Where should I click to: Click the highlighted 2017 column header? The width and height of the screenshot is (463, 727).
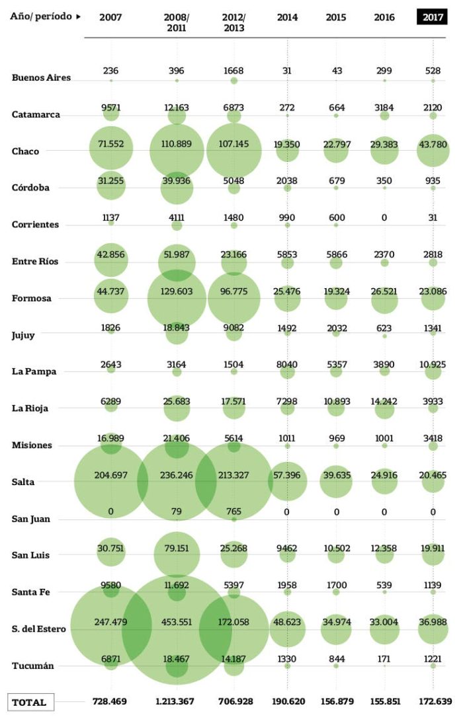coord(433,17)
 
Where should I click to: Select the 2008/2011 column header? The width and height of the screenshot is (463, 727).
coord(176,22)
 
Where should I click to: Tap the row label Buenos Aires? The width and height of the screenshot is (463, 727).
coord(41,78)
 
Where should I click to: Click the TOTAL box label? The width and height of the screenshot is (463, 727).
coord(30,702)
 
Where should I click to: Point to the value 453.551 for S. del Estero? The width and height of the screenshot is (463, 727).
coord(176,622)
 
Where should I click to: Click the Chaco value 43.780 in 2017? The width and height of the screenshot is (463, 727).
coord(433,144)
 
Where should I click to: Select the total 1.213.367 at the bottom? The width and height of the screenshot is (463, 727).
coord(176,701)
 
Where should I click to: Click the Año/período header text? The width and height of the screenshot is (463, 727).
coord(41,17)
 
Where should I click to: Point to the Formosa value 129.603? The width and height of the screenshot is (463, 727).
coord(176,291)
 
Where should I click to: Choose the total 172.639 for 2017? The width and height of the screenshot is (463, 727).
coord(433,701)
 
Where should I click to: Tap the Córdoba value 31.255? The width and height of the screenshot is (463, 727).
coord(111,181)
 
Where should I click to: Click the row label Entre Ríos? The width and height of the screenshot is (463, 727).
coord(35,262)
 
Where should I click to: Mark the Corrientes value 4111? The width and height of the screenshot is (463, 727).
coord(176,217)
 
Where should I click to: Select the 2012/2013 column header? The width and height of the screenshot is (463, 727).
coord(233,22)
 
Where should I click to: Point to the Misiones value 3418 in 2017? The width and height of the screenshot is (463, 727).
coord(433,438)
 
